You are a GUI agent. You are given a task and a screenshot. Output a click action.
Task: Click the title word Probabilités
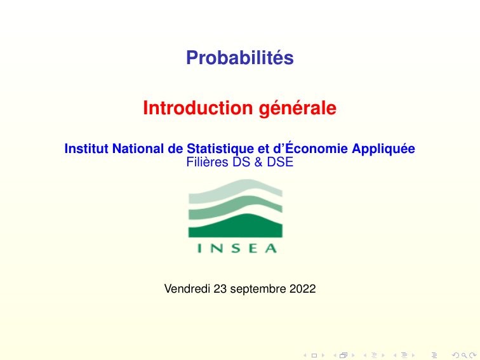point(240,58)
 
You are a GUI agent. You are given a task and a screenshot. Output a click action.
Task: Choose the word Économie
point(309,149)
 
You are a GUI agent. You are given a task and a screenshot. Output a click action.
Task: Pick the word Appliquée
point(383,149)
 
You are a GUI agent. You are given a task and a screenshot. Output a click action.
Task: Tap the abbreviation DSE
point(280,163)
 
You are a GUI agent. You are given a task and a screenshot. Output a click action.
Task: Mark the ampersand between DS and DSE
point(258,163)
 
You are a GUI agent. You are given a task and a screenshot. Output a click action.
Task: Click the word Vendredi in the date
point(187,289)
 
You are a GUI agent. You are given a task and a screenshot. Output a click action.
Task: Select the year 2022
point(302,289)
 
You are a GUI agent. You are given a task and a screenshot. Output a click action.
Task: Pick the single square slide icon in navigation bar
point(314,355)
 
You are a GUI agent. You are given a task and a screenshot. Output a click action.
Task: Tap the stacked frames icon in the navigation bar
point(343,355)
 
